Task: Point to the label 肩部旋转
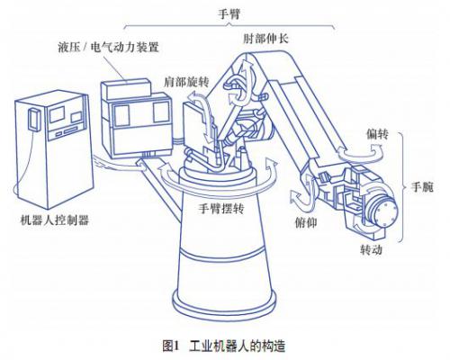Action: click(186, 82)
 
